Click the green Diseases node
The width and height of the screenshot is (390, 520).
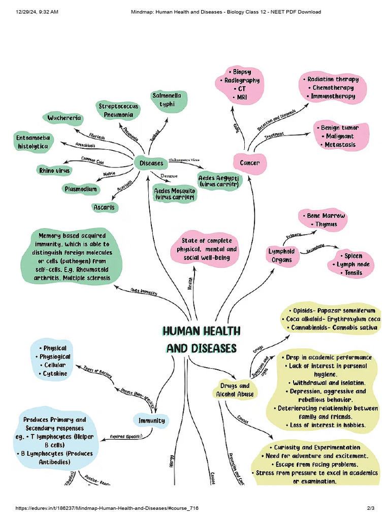click(151, 163)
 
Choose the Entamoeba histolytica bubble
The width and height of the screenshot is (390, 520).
click(32, 142)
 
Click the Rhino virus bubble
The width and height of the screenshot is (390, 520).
click(54, 171)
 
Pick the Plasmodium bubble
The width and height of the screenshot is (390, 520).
click(80, 189)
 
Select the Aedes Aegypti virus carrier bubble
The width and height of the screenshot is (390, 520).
click(219, 182)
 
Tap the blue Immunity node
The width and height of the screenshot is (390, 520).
click(151, 420)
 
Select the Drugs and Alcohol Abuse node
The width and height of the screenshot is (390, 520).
click(233, 390)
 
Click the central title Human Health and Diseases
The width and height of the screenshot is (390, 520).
click(201, 339)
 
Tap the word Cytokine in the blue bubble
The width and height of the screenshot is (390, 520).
click(55, 374)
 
